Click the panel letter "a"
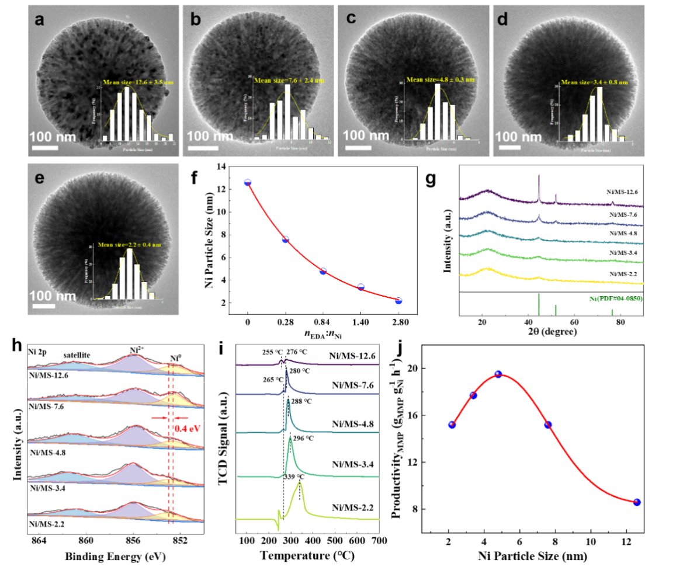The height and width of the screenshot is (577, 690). click(x=39, y=20)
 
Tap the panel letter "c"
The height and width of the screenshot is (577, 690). click(x=351, y=19)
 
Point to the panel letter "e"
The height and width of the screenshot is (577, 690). click(x=39, y=178)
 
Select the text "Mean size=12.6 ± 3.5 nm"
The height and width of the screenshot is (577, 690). click(x=138, y=82)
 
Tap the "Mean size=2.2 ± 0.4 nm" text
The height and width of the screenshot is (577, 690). click(x=129, y=245)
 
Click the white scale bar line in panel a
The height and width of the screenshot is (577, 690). click(x=44, y=147)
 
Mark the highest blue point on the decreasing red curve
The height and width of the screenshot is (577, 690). click(x=248, y=182)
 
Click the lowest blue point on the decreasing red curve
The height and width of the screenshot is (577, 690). click(x=398, y=301)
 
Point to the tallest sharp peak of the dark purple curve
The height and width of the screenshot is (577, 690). click(x=539, y=176)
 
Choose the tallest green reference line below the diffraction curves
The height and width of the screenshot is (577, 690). click(x=538, y=304)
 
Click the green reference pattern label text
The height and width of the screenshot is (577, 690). click(x=616, y=298)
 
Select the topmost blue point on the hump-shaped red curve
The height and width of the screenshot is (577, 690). click(x=498, y=373)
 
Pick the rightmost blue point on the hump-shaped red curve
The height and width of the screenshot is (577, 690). click(x=637, y=502)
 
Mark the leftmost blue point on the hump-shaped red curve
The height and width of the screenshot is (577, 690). click(x=452, y=425)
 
